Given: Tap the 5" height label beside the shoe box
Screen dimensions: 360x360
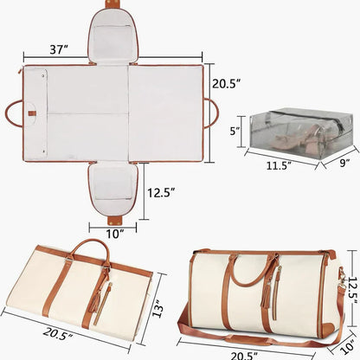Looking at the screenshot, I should [x=236, y=132].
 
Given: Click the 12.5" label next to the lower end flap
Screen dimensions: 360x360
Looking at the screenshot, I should [x=161, y=192].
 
